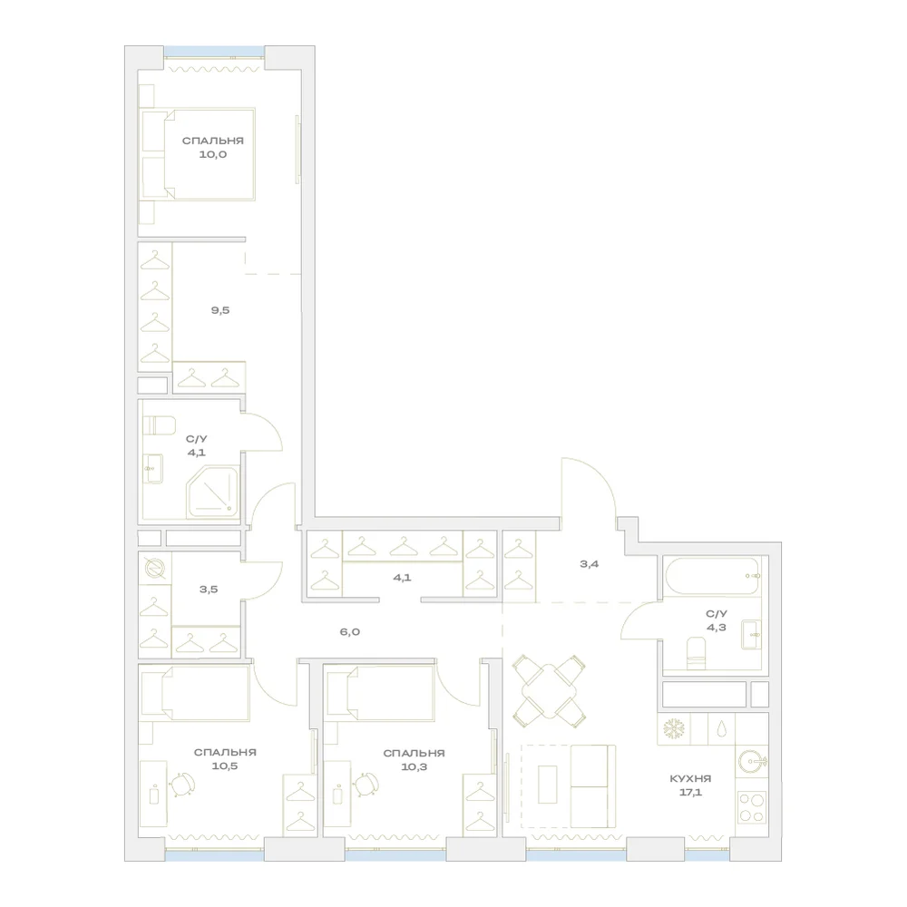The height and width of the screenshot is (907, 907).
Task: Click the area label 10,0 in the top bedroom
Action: click(x=213, y=154)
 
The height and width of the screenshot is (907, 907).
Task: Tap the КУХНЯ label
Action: click(x=690, y=778)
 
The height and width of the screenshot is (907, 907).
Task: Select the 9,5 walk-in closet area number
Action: click(x=220, y=310)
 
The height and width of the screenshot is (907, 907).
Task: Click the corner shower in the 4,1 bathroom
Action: click(x=212, y=493)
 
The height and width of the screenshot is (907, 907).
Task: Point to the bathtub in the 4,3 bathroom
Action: click(x=712, y=576)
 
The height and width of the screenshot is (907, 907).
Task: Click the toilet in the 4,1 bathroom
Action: click(x=159, y=425)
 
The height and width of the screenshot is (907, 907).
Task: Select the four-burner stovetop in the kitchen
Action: click(x=752, y=807)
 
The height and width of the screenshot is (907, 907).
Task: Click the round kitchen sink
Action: click(x=753, y=762)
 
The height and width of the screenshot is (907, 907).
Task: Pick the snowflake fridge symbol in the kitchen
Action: click(x=674, y=729)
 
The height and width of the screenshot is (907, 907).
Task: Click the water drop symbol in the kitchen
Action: click(x=721, y=729)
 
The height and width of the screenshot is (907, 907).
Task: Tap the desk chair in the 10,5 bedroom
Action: click(x=183, y=785)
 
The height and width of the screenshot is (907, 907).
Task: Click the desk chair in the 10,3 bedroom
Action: click(x=366, y=785)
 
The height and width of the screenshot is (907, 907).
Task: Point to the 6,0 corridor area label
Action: click(x=350, y=631)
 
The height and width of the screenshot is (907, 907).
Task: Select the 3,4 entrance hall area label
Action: click(x=589, y=564)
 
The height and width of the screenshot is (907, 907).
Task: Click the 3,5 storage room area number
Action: click(x=209, y=590)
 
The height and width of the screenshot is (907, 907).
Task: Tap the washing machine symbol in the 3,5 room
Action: click(x=155, y=569)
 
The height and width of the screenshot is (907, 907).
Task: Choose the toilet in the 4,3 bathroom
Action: click(x=697, y=654)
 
